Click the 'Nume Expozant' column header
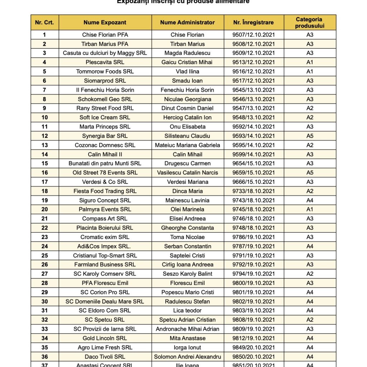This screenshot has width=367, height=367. point(105,22)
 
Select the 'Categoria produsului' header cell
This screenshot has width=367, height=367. point(310,22)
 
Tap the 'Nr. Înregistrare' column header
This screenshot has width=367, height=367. point(253,22)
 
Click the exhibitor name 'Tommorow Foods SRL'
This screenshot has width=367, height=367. point(105,71)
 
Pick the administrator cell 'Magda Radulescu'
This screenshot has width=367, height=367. point(187,53)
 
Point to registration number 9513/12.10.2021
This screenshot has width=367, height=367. point(253,62)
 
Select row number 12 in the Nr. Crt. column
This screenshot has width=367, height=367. point(44,136)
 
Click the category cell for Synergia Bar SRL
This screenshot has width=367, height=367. point(310,136)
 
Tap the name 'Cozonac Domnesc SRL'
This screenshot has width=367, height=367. point(105,145)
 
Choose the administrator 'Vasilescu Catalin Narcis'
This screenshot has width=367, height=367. point(187,172)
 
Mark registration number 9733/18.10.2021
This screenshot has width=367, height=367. point(253,191)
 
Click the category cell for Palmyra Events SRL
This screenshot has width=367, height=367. point(310,209)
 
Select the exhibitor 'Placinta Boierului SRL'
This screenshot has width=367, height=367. point(105,228)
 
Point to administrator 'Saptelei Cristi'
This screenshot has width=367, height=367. point(187,256)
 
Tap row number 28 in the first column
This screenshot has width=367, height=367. point(44,283)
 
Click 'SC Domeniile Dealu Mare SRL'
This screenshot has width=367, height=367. point(105,301)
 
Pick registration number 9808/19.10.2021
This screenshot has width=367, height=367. point(253,320)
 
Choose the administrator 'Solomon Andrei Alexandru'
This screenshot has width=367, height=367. point(187,357)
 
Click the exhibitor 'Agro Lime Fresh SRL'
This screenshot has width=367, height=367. point(105,347)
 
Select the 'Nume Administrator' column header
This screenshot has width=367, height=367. point(187,22)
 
